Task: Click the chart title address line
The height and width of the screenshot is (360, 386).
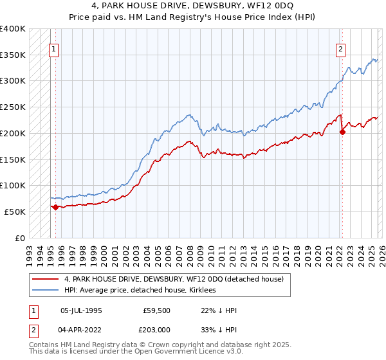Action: pos(192,6)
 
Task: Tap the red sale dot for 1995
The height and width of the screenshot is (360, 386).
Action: pos(55,207)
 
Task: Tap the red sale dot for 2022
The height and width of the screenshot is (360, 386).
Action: pos(342,132)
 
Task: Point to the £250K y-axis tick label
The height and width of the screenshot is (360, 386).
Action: pos(13,107)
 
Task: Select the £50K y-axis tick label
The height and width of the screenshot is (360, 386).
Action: pos(15,212)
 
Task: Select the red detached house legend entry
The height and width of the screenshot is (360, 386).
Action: pos(178,279)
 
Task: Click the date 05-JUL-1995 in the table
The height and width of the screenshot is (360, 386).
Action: pos(81,310)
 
